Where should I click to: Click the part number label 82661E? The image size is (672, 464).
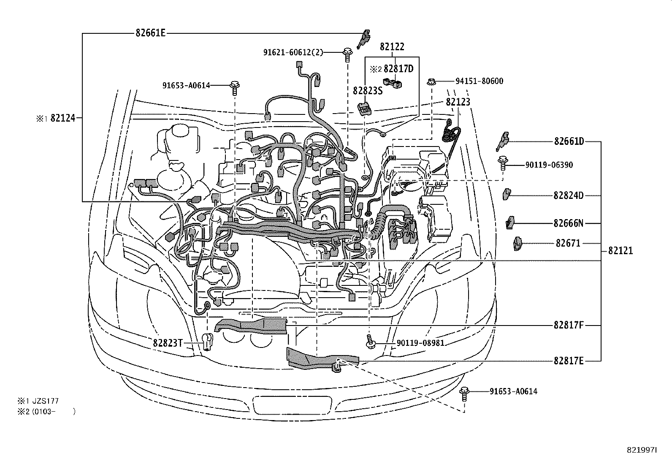pos(151,33)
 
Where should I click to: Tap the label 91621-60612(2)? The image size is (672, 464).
pos(293,52)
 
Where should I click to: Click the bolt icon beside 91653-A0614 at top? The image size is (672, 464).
pos(235,86)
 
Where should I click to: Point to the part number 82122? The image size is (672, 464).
pos(392,47)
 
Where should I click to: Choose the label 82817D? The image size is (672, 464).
pos(398,69)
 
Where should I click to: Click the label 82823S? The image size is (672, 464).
pos(367,90)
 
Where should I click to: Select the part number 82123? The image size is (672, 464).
pos(458,102)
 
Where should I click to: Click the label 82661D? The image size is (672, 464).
pos(569,141)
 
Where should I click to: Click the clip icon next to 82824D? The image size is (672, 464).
pos(507,195)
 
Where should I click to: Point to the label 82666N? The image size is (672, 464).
pos(568,223)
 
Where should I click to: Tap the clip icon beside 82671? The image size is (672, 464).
pos(517,244)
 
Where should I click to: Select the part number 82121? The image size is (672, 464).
pos(620,251)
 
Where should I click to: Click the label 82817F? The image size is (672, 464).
pos(569,326)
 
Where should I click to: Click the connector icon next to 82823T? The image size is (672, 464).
pos(207,341)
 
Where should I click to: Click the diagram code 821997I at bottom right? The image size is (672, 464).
pos(642,450)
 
